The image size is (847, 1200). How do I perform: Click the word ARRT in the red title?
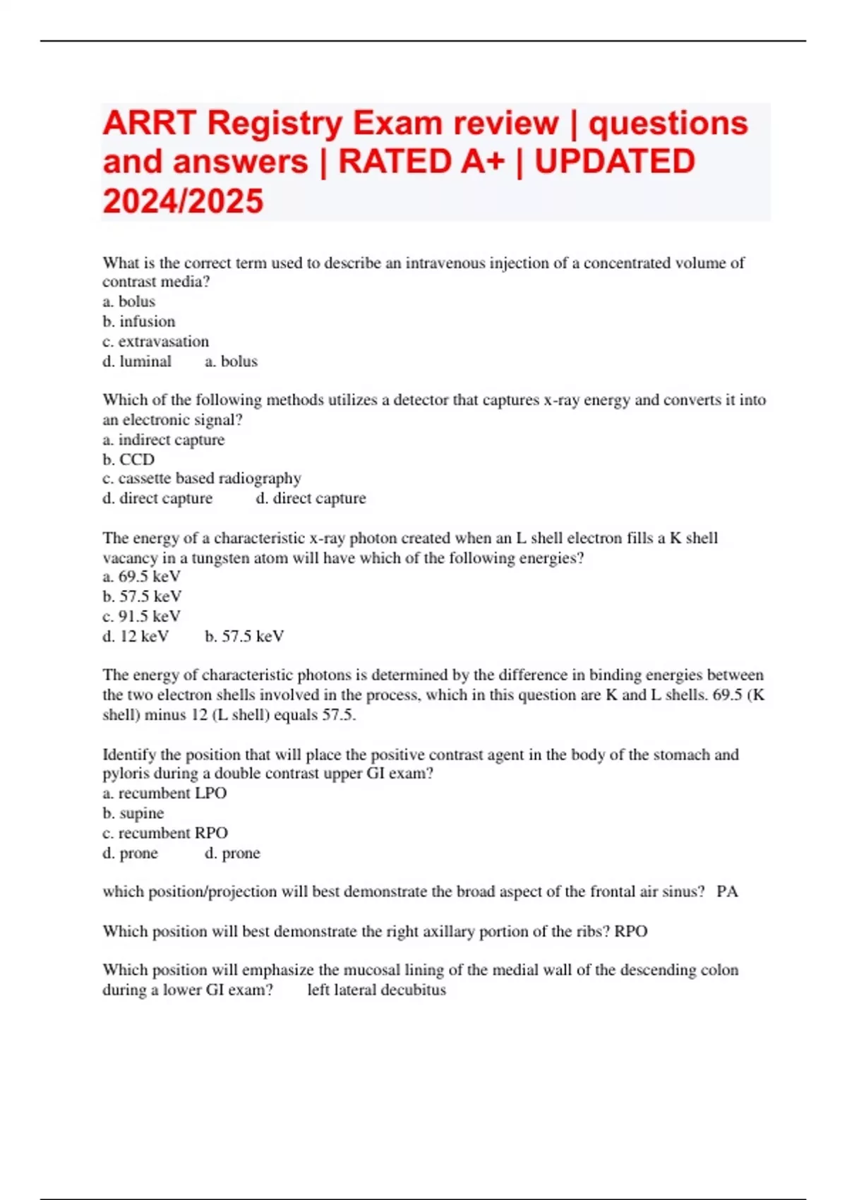pos(149,124)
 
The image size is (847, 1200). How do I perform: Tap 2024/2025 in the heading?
pos(183,201)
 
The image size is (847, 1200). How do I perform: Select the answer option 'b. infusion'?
pos(139,322)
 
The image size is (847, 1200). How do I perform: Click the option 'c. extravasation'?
pos(155,342)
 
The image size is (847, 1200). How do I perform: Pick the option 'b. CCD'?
pos(128,460)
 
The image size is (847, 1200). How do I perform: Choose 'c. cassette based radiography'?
pos(202,479)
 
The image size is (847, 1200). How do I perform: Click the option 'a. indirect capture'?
pos(164,440)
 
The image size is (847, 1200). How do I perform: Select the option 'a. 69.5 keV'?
pos(142,576)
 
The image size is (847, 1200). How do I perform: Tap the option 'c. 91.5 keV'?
pos(142,616)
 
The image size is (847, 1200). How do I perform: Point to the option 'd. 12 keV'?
pos(136,636)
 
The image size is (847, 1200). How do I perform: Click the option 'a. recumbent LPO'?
pos(164,793)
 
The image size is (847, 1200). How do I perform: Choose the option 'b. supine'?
pos(133,813)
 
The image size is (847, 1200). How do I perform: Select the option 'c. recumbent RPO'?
pos(165,833)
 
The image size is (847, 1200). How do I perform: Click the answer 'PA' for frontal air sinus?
pos(727,892)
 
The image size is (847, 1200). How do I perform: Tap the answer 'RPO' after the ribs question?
pos(630,932)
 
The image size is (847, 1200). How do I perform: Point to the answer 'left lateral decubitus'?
pos(376,990)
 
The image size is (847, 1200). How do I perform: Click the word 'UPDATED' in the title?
pos(614,162)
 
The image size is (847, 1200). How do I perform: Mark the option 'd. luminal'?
pos(137,361)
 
